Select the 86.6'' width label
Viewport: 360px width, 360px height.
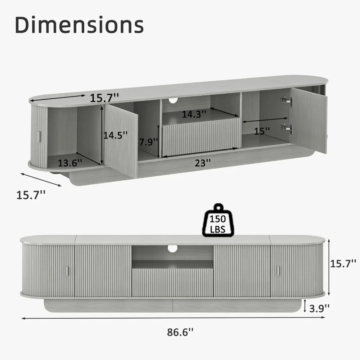click(180, 332)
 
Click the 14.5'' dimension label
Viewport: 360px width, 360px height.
click(116, 135)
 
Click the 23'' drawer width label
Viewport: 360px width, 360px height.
click(203, 163)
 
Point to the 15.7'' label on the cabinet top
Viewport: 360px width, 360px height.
click(105, 97)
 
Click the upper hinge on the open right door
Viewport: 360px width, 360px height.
click(287, 101)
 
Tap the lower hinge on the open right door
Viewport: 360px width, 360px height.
click(287, 128)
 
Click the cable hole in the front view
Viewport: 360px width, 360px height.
click(172, 248)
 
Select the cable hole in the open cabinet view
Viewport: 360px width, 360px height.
click(173, 100)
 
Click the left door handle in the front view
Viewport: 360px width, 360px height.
click(67, 271)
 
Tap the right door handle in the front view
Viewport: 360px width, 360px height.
click(278, 271)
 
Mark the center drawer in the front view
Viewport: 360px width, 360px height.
click(172, 282)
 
